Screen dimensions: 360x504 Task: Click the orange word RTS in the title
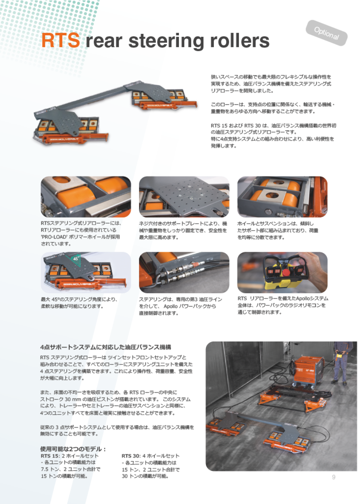pos(60,40)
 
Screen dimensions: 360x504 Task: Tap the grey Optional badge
pos(326,33)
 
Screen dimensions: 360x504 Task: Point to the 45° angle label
pos(76,259)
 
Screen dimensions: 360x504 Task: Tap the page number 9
pos(333,477)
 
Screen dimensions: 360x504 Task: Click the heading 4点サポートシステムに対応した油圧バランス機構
pos(106,347)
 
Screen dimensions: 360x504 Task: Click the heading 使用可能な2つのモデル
pos(73,449)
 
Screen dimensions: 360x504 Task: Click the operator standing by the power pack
pos(341,363)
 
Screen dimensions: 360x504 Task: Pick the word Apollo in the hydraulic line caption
pos(171,306)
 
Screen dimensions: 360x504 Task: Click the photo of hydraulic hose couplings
pos(184,272)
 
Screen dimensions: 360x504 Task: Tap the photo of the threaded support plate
pos(184,197)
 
